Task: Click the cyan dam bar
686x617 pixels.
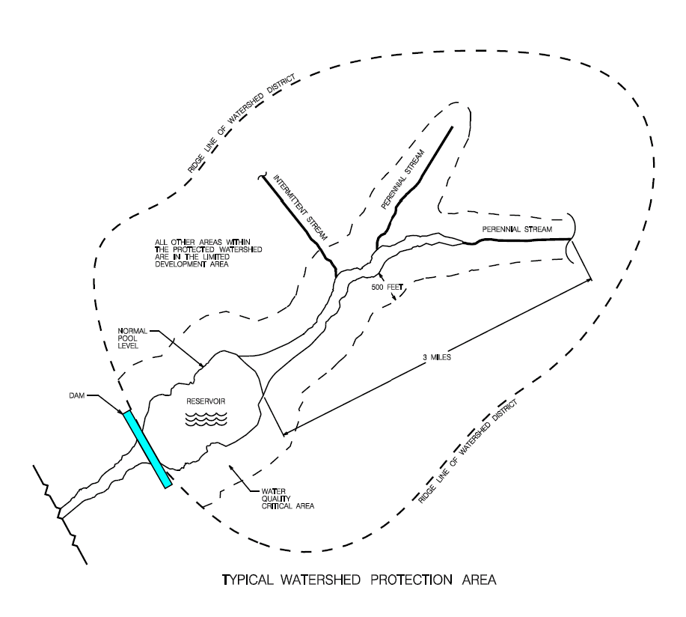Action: (x=147, y=449)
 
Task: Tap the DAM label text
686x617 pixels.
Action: (x=71, y=398)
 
